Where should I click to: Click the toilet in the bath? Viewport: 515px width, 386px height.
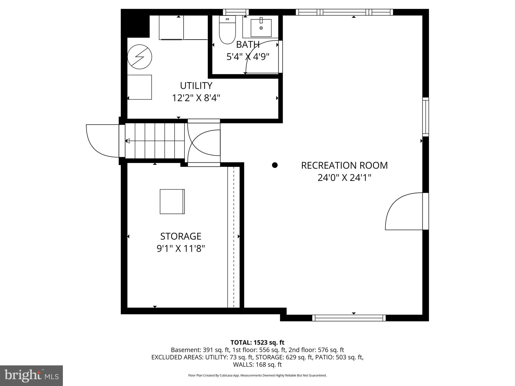pyautogui.click(x=227, y=30)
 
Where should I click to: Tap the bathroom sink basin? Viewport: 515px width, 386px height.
pyautogui.click(x=261, y=28)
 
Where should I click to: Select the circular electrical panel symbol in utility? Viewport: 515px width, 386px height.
pyautogui.click(x=140, y=57)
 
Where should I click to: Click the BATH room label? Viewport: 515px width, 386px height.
pyautogui.click(x=248, y=45)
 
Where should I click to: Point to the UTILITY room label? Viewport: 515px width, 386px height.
pyautogui.click(x=196, y=86)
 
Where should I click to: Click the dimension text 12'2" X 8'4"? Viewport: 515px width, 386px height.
pyautogui.click(x=196, y=98)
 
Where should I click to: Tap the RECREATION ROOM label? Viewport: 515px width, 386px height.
pyautogui.click(x=344, y=165)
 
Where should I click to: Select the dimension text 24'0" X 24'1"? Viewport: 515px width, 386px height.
pyautogui.click(x=344, y=178)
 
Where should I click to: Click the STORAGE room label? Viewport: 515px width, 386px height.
pyautogui.click(x=181, y=236)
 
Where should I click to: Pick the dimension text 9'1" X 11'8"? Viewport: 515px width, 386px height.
pyautogui.click(x=181, y=249)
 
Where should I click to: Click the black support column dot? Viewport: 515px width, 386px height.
pyautogui.click(x=275, y=165)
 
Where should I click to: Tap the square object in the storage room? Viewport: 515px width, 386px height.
pyautogui.click(x=172, y=202)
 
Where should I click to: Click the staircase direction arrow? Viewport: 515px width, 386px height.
pyautogui.click(x=128, y=141)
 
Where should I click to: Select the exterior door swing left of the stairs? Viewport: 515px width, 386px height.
pyautogui.click(x=101, y=141)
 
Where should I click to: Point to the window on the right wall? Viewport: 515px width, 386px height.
pyautogui.click(x=425, y=117)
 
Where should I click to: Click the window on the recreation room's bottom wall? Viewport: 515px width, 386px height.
pyautogui.click(x=349, y=318)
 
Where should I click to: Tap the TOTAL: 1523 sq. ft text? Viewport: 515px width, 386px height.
pyautogui.click(x=257, y=343)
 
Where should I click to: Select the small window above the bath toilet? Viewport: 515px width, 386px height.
pyautogui.click(x=236, y=12)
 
